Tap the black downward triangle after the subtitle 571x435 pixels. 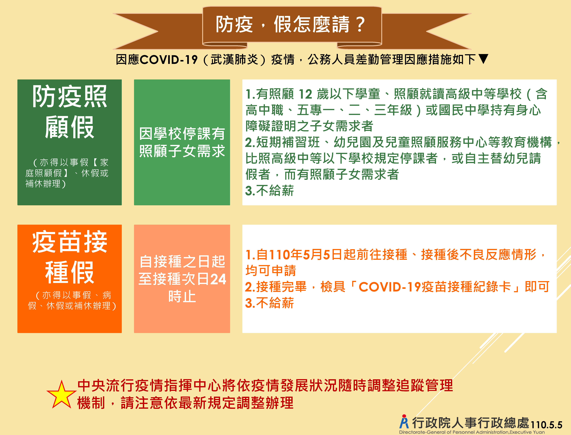(x=483, y=59)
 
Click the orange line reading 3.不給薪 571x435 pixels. (x=269, y=303)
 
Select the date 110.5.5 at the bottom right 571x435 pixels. (x=546, y=425)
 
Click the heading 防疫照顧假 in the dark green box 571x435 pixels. (x=69, y=112)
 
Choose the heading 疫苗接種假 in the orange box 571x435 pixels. (x=69, y=257)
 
